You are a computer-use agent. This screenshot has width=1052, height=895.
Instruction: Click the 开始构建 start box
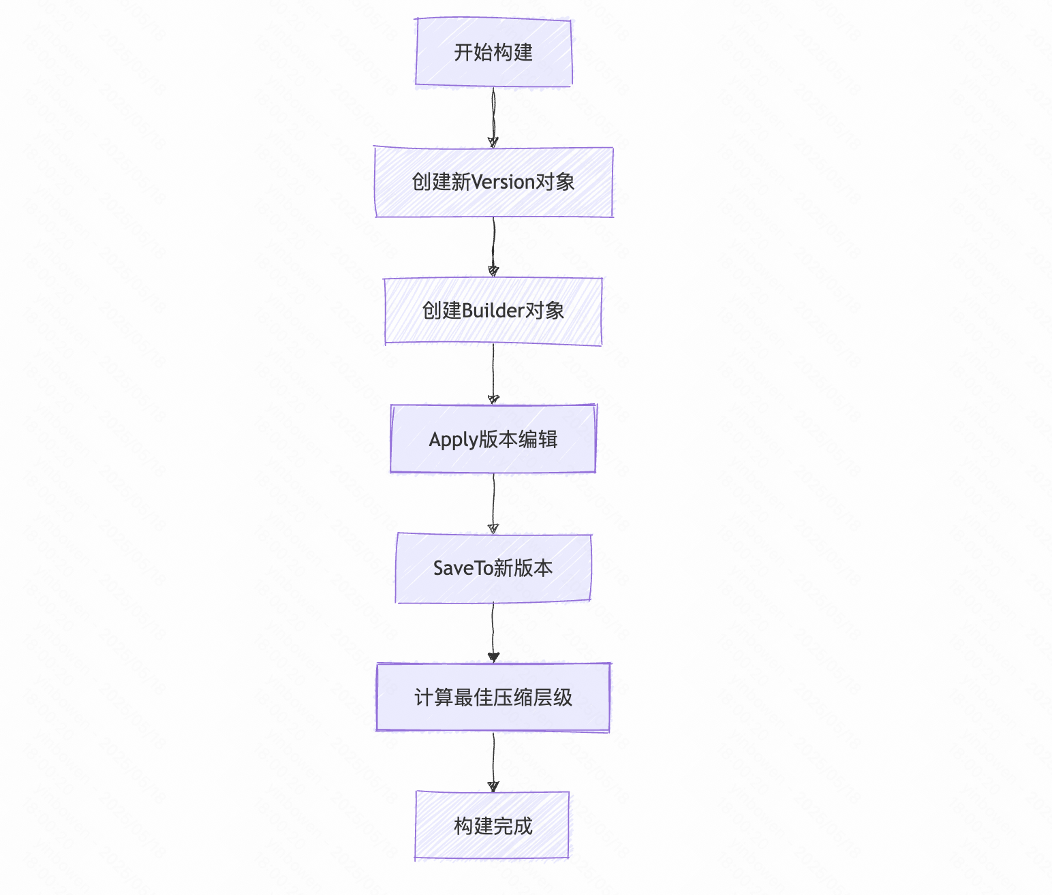(x=493, y=52)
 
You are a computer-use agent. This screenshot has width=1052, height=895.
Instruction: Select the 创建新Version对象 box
(x=493, y=182)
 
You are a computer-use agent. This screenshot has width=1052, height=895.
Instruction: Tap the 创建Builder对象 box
(x=493, y=311)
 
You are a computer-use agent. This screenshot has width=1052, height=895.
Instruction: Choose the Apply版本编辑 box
(x=493, y=439)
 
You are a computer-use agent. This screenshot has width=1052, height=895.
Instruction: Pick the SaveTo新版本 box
(x=493, y=568)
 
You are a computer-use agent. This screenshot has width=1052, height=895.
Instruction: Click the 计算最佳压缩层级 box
(x=493, y=697)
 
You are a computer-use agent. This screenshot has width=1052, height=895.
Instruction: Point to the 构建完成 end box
(x=493, y=826)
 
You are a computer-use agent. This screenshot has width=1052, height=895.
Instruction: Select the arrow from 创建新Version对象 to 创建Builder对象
(x=493, y=247)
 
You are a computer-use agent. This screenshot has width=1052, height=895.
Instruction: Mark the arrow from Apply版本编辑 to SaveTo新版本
(x=493, y=503)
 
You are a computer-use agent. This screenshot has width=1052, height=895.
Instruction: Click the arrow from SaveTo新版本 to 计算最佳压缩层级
(x=493, y=632)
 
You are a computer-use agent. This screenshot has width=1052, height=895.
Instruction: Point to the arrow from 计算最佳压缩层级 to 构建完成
(x=493, y=761)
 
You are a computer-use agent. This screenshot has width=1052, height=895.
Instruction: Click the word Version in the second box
(x=503, y=182)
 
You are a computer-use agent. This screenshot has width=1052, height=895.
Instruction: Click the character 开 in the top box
(x=464, y=52)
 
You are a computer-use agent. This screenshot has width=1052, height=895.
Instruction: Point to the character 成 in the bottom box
(x=523, y=826)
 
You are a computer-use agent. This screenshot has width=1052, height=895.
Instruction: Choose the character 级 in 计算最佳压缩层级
(x=563, y=697)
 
